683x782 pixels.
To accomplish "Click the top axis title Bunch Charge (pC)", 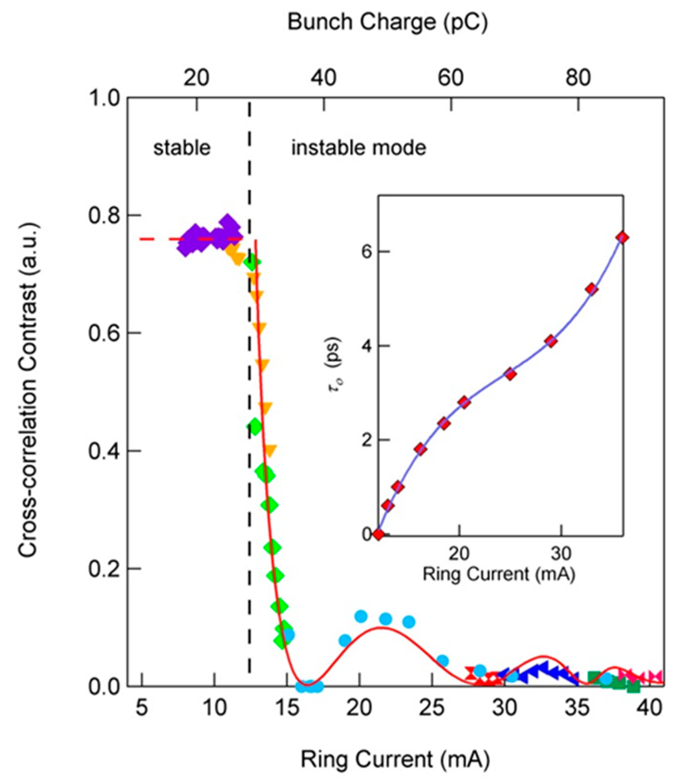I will pos(387,23).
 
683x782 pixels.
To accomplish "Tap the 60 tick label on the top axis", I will pos(450,78).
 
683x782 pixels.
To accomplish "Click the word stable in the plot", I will pos(182,148).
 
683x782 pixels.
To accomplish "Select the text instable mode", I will pos(358,148).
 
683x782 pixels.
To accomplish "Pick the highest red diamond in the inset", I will pos(623,238).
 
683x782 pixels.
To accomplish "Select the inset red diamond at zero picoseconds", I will pos(379,535).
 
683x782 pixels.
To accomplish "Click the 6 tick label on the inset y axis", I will pos(367,252).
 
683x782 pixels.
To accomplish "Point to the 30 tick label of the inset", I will pos(561,554).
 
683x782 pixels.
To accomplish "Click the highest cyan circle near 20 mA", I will pos(361,616).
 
